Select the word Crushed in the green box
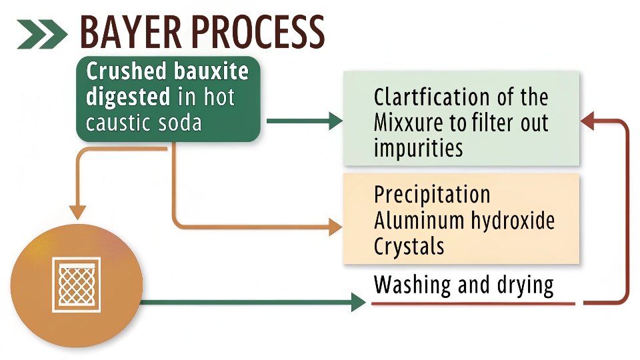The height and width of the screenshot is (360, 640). [x=125, y=71]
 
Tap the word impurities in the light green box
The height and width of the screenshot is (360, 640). [x=418, y=147]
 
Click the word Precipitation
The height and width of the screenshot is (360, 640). [x=432, y=195]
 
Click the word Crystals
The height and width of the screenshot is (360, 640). [x=409, y=246]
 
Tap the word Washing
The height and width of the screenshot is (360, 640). [x=413, y=285]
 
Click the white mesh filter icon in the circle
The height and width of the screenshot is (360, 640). [x=77, y=283]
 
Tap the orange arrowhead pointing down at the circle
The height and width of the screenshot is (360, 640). [x=78, y=212]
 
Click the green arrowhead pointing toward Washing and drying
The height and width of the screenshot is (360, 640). [x=358, y=303]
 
